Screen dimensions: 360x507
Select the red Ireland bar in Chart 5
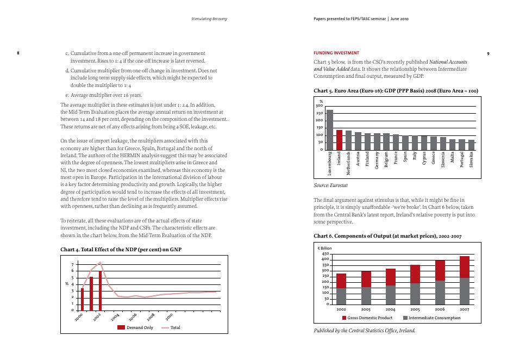point(340,140)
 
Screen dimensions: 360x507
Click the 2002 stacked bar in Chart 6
point(341,289)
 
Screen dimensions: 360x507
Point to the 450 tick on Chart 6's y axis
point(325,254)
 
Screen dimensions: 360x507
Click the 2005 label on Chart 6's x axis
point(415,309)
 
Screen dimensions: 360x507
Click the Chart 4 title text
point(120,249)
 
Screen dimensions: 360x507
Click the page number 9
point(488,54)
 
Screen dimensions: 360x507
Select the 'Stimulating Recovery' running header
point(209,19)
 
